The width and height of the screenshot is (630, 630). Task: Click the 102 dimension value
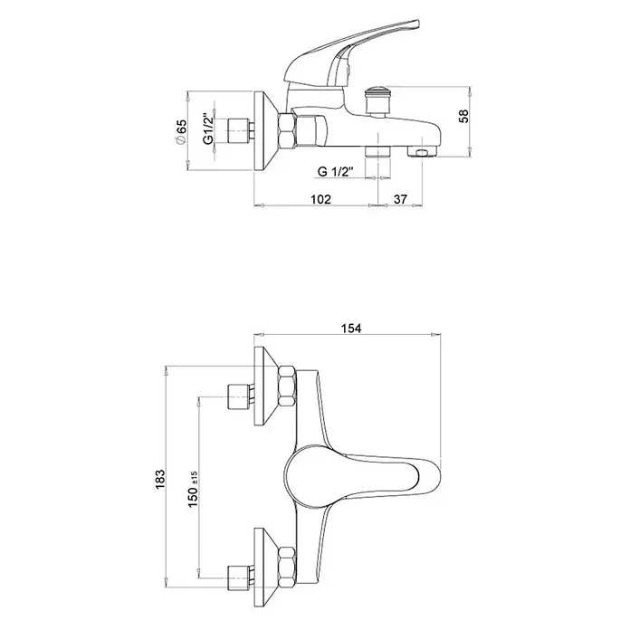pos(320,199)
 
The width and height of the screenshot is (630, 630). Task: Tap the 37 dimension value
pos(400,199)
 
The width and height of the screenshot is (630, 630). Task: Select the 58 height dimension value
pos(463,116)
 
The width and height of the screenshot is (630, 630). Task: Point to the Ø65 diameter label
pos(180,131)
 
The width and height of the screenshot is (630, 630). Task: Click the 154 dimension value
pos(351,329)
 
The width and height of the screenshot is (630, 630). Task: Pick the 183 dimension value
pos(159,480)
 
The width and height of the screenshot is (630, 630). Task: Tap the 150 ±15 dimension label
pos(193,489)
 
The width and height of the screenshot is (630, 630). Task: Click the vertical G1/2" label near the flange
pos(207,128)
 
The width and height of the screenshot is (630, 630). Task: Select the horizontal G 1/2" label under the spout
pos(335,172)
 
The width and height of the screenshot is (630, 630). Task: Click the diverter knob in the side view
pos(377,100)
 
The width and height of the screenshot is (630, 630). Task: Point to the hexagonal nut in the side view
pos(287,130)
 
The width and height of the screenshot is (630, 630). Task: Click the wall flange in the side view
pos(265,131)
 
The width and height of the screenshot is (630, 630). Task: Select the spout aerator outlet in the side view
pos(422,152)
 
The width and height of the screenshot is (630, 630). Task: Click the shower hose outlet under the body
pos(377,151)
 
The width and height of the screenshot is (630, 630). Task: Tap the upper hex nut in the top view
pos(287,386)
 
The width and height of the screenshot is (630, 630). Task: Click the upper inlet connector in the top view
pos(240,397)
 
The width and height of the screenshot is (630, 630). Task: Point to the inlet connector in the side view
pos(240,131)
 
